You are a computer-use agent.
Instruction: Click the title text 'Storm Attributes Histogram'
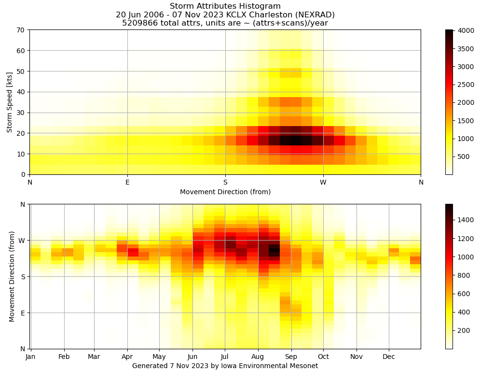click(x=225, y=6)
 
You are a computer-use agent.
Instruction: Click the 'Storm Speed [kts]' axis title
click(x=10, y=102)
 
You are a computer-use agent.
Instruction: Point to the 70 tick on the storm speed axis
click(x=21, y=30)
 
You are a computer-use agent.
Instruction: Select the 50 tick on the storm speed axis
click(x=21, y=71)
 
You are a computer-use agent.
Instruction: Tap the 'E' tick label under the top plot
click(x=127, y=182)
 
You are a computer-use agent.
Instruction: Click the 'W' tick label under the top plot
click(x=323, y=182)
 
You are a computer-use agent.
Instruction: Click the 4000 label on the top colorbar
click(x=467, y=30)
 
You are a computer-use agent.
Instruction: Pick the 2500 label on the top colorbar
click(x=467, y=85)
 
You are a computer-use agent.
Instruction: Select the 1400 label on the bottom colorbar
click(x=467, y=220)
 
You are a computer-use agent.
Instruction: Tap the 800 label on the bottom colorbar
click(x=465, y=275)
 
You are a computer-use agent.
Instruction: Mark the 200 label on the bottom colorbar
click(x=465, y=330)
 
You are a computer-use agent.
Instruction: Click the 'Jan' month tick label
click(x=30, y=357)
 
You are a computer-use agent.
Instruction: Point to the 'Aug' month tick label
click(x=258, y=357)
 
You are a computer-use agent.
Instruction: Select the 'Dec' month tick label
click(x=389, y=357)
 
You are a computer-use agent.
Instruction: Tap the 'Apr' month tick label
click(x=127, y=357)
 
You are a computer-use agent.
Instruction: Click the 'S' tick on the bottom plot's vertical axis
click(x=22, y=276)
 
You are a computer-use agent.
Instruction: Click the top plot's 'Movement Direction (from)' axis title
click(x=225, y=192)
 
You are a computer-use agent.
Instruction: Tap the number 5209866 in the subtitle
click(x=138, y=23)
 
